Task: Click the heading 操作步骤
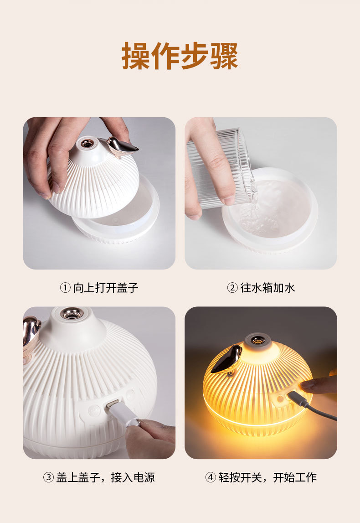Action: coord(180,56)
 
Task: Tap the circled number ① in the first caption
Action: coord(65,288)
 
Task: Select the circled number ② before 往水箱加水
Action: coord(232,288)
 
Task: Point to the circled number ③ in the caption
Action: coord(48,477)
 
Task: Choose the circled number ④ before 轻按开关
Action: coord(210,477)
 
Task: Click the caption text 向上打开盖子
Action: coord(105,288)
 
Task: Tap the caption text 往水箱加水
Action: coord(267,288)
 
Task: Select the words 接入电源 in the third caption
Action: coord(133,477)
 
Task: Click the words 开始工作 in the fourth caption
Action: coord(295,477)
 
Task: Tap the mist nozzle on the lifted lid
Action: coord(86,144)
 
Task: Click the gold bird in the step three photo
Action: coord(31,333)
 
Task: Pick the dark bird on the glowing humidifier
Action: coord(227,359)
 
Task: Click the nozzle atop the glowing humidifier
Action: coord(258,340)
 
